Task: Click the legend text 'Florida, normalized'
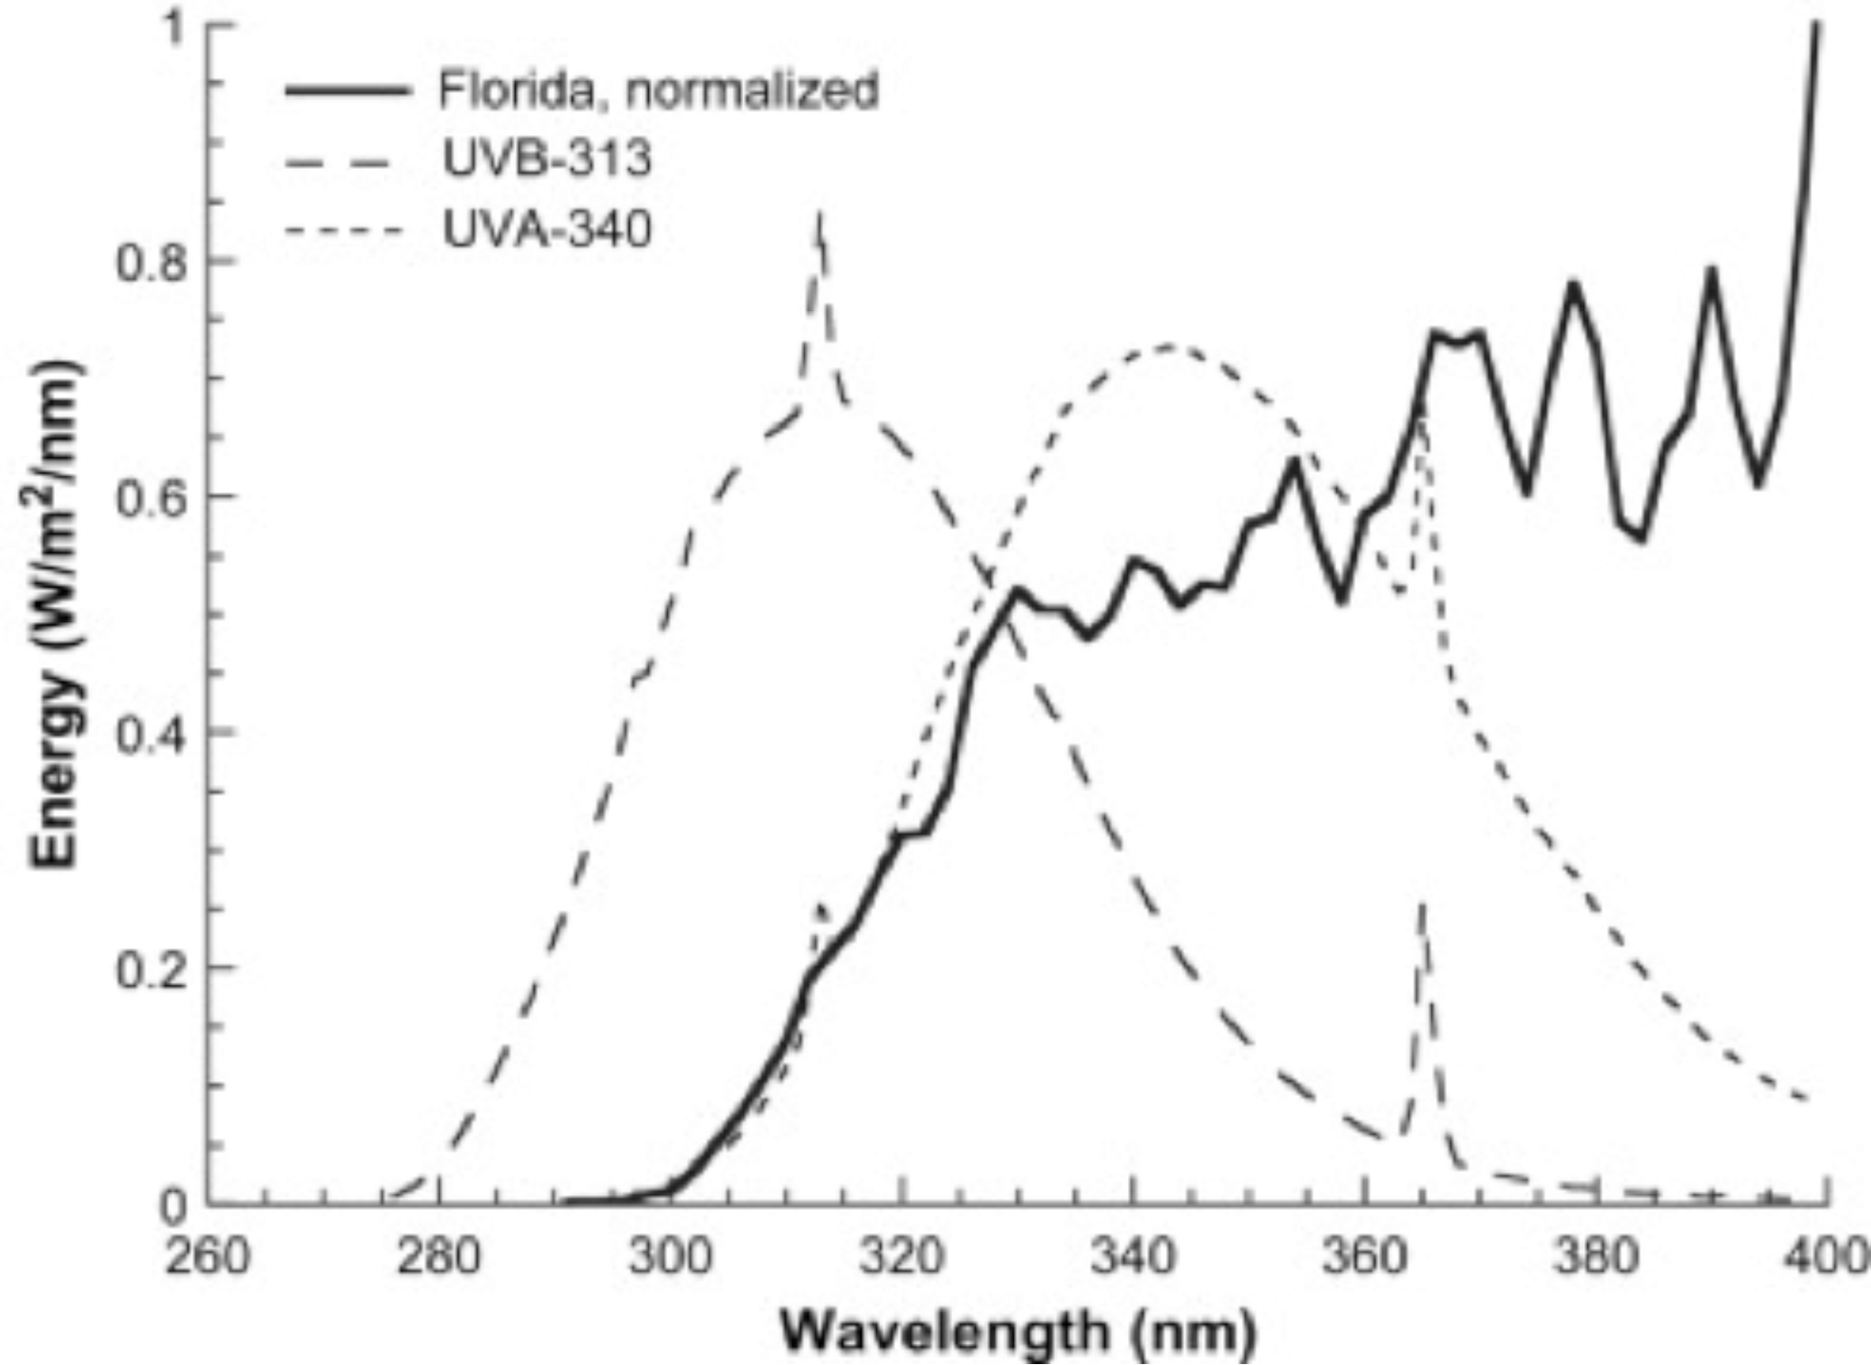[657, 90]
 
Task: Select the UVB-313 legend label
[547, 159]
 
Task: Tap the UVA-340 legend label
[547, 228]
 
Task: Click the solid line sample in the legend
[347, 90]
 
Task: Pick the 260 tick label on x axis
[207, 1257]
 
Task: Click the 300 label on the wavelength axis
[669, 1257]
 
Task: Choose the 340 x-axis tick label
[1132, 1257]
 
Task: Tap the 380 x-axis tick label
[1594, 1257]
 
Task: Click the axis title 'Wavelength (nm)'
[1018, 1332]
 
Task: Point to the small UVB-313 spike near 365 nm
[1421, 908]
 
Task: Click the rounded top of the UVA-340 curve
[1170, 347]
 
